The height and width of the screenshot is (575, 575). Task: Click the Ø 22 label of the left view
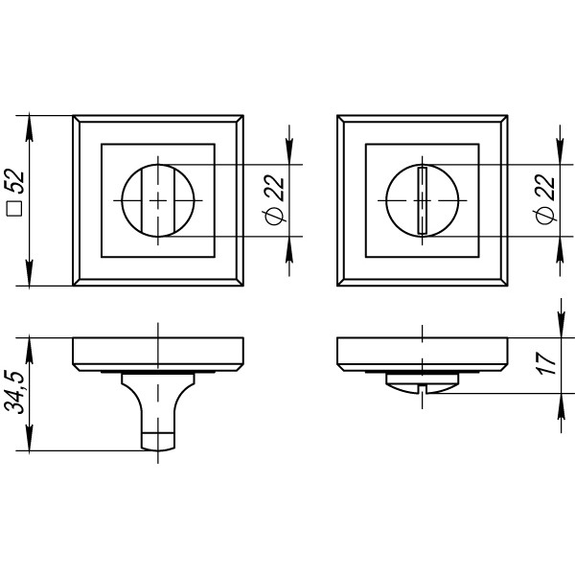point(274,200)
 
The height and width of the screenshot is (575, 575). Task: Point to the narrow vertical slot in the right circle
point(422,200)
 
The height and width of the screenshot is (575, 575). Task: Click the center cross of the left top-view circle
point(157,200)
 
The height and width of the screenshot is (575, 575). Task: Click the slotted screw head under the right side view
point(422,382)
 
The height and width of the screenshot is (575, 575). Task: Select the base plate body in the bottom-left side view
point(157,352)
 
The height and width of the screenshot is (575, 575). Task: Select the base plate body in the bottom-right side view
point(422,352)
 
